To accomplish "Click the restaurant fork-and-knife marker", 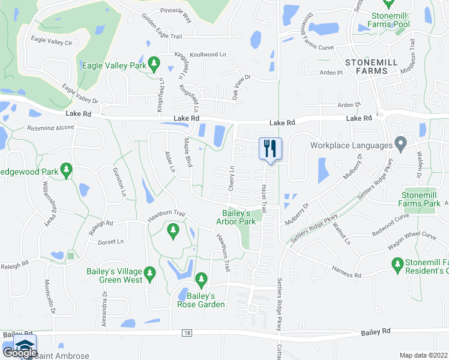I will [270, 148].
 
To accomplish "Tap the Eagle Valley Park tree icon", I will [154, 62].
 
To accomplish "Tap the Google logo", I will [19, 353].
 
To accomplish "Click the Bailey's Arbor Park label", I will [240, 217].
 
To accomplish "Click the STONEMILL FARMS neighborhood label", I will [371, 67].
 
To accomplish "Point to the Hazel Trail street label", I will [263, 199].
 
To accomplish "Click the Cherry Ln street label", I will [231, 179].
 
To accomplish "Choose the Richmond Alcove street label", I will [50, 128].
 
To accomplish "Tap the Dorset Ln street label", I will [110, 242].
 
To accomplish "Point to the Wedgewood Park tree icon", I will [66, 171].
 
